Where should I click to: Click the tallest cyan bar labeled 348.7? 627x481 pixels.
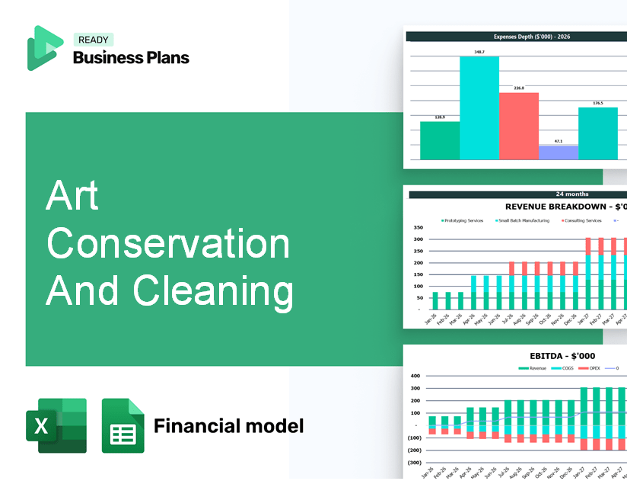[x=479, y=107]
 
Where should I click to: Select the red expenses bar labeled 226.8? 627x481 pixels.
[x=519, y=126]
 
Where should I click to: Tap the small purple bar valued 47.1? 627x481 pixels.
[x=558, y=152]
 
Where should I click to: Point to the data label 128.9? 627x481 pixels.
[x=440, y=117]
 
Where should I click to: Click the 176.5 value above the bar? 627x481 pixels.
[x=598, y=103]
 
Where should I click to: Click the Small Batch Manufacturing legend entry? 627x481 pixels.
[x=524, y=220]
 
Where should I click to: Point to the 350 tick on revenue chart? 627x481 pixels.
[x=418, y=227]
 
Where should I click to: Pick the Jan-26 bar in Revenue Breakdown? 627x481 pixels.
[x=435, y=301]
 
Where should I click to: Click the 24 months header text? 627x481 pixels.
[x=572, y=194]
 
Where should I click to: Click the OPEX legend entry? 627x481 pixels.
[x=594, y=367]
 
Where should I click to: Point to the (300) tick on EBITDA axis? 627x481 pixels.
[x=415, y=462]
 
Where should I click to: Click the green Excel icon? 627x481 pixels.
[x=56, y=425]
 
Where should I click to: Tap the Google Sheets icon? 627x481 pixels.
[x=123, y=425]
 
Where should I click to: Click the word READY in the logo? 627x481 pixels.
[x=93, y=40]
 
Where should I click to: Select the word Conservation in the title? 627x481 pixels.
[x=168, y=245]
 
